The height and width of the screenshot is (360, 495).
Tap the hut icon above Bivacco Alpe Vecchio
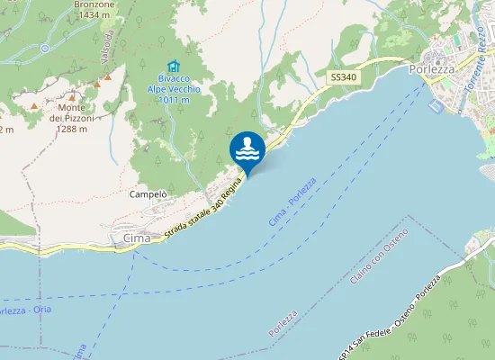pos(174,67)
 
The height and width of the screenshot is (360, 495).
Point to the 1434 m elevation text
pos(94,15)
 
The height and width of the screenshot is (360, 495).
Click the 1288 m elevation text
pos(69,129)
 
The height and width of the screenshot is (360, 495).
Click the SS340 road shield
pos(343,78)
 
